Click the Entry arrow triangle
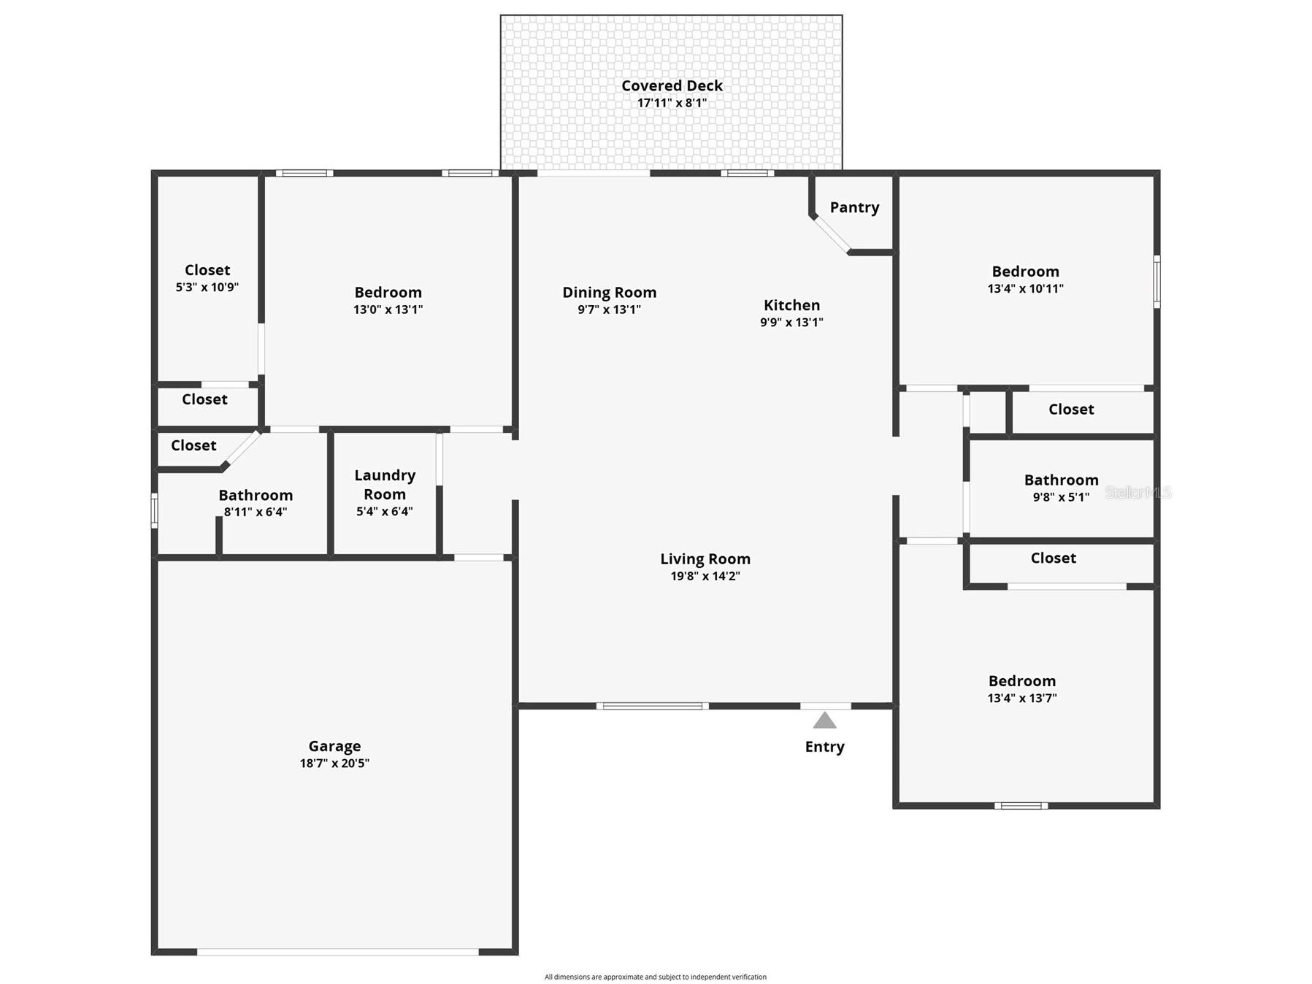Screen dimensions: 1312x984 coord(824,720)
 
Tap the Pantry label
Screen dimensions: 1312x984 coord(854,207)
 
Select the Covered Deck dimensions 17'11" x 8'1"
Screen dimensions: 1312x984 coord(672,103)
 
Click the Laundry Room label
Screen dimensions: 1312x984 coord(385,485)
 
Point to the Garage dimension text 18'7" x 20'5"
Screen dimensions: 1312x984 coord(334,764)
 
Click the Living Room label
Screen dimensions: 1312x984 coord(705,559)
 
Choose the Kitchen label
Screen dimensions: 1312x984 coord(791,305)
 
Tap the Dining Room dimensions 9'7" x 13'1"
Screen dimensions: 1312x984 coord(609,310)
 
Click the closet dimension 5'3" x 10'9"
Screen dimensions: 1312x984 coord(207,288)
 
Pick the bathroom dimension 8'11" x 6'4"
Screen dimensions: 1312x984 coord(256,512)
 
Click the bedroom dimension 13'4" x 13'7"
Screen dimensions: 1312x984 coord(1022,698)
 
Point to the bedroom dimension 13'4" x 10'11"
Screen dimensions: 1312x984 coord(1025,288)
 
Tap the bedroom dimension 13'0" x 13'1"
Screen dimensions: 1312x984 coord(388,310)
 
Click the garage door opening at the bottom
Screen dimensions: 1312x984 coord(337,952)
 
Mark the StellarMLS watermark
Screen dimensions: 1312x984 coord(1138,493)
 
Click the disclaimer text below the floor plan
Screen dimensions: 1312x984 coord(656,977)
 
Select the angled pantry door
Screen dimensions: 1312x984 coord(832,234)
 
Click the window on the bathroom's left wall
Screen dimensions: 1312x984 coord(154,510)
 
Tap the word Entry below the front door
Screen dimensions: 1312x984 coord(824,747)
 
